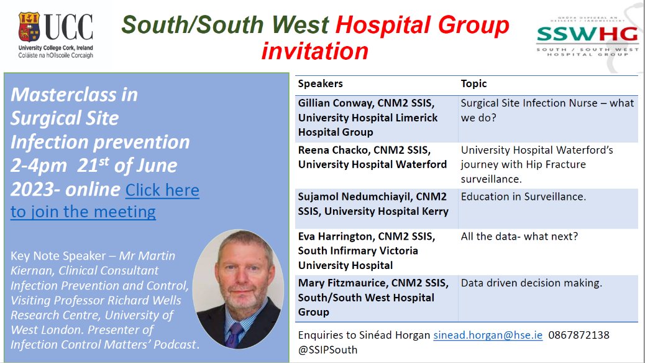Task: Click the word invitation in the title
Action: pyautogui.click(x=314, y=50)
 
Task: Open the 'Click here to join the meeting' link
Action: pyautogui.click(x=104, y=200)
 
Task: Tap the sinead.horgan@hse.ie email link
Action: pyautogui.click(x=488, y=335)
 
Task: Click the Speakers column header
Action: pyautogui.click(x=320, y=83)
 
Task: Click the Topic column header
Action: pyautogui.click(x=473, y=83)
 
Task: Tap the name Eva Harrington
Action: pyautogui.click(x=333, y=237)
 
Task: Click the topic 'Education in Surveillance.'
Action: pyautogui.click(x=523, y=197)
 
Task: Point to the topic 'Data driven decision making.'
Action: pyautogui.click(x=531, y=283)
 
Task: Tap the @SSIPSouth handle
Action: pyautogui.click(x=327, y=349)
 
